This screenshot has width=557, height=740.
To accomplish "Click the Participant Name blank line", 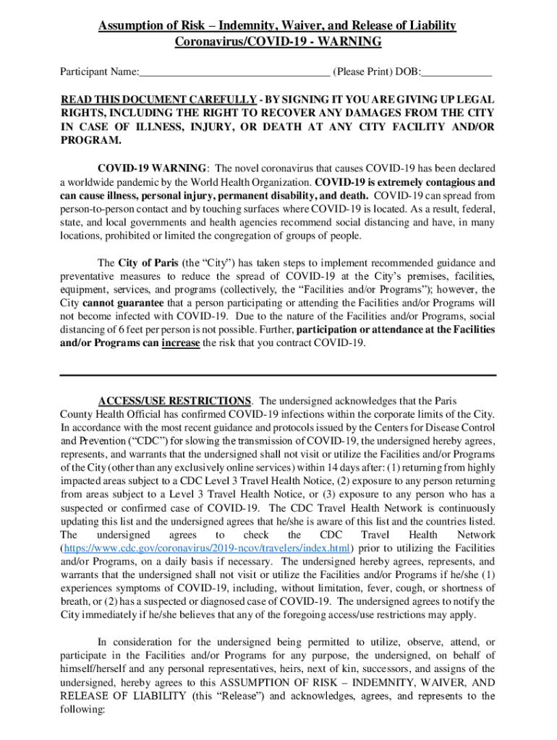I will click(234, 73).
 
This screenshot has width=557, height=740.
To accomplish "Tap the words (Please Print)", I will click(363, 72).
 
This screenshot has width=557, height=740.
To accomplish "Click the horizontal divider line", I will click(278, 375).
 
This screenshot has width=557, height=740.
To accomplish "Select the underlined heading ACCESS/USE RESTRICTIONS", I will click(174, 400).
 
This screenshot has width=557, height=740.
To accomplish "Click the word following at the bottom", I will click(82, 710).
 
